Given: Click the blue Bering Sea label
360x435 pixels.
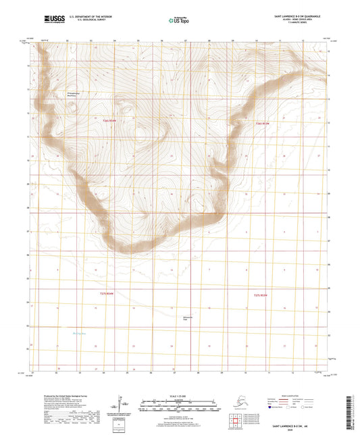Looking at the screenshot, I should point(80,332).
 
